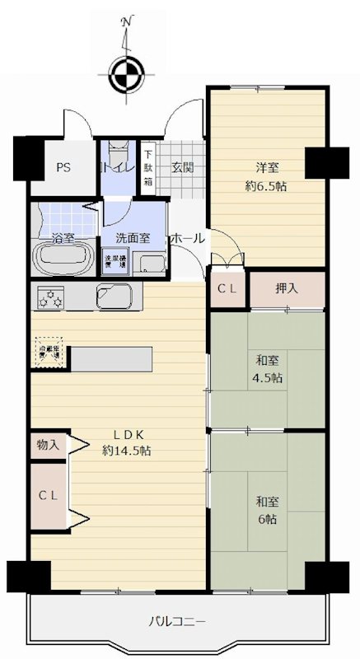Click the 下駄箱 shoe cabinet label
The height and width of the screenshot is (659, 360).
(x=148, y=167)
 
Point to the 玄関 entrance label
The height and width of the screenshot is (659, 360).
(x=182, y=167)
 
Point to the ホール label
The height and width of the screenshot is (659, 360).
(x=187, y=238)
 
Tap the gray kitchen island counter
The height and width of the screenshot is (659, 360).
(x=111, y=358)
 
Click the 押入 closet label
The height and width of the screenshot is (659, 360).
(x=288, y=289)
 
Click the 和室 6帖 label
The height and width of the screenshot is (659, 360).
(x=265, y=510)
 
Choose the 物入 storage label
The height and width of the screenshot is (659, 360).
(x=48, y=444)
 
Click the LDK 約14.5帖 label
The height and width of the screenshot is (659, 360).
(x=126, y=443)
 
